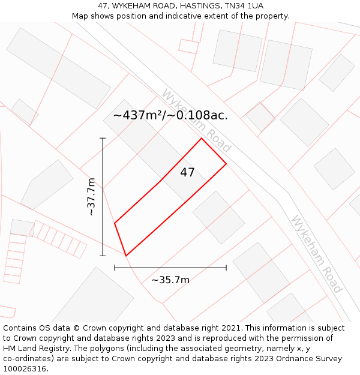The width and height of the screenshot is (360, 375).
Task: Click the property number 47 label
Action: tap(187, 173)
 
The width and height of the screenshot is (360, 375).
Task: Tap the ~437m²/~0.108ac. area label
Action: tap(170, 115)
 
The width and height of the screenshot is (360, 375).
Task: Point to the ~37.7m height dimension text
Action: tap(91, 197)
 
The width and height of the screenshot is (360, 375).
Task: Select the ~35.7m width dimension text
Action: tap(170, 280)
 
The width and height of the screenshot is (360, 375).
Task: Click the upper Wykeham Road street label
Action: tap(196, 120)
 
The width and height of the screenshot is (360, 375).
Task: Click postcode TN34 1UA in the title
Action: tap(247, 6)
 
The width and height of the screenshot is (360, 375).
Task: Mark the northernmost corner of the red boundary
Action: tap(201, 139)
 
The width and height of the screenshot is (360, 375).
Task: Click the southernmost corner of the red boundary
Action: tap(126, 256)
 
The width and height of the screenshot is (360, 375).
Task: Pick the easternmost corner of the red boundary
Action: tap(226, 163)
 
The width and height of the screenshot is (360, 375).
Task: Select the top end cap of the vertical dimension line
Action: tap(103, 139)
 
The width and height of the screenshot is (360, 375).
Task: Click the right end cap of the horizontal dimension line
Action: tap(226, 268)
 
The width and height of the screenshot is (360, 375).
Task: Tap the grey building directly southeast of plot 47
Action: tap(218, 217)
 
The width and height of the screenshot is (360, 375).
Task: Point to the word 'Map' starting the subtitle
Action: tap(80, 16)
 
